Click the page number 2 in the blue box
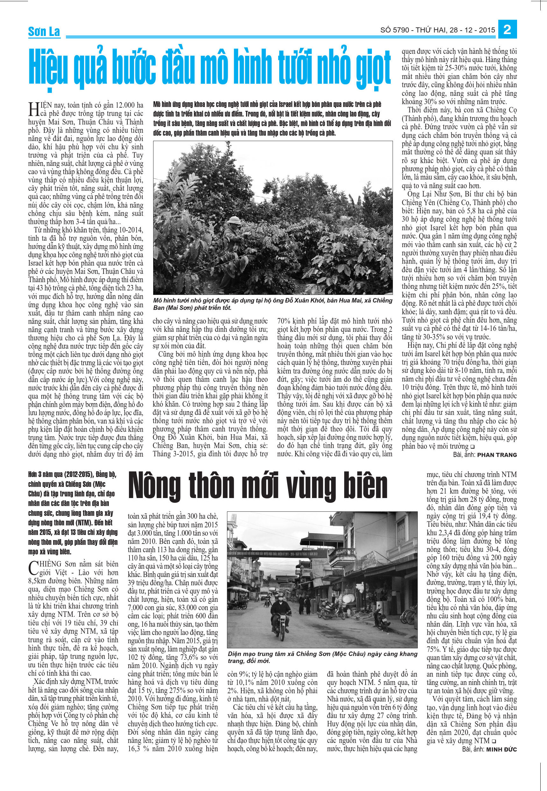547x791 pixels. point(508,30)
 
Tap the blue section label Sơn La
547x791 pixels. point(44,32)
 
